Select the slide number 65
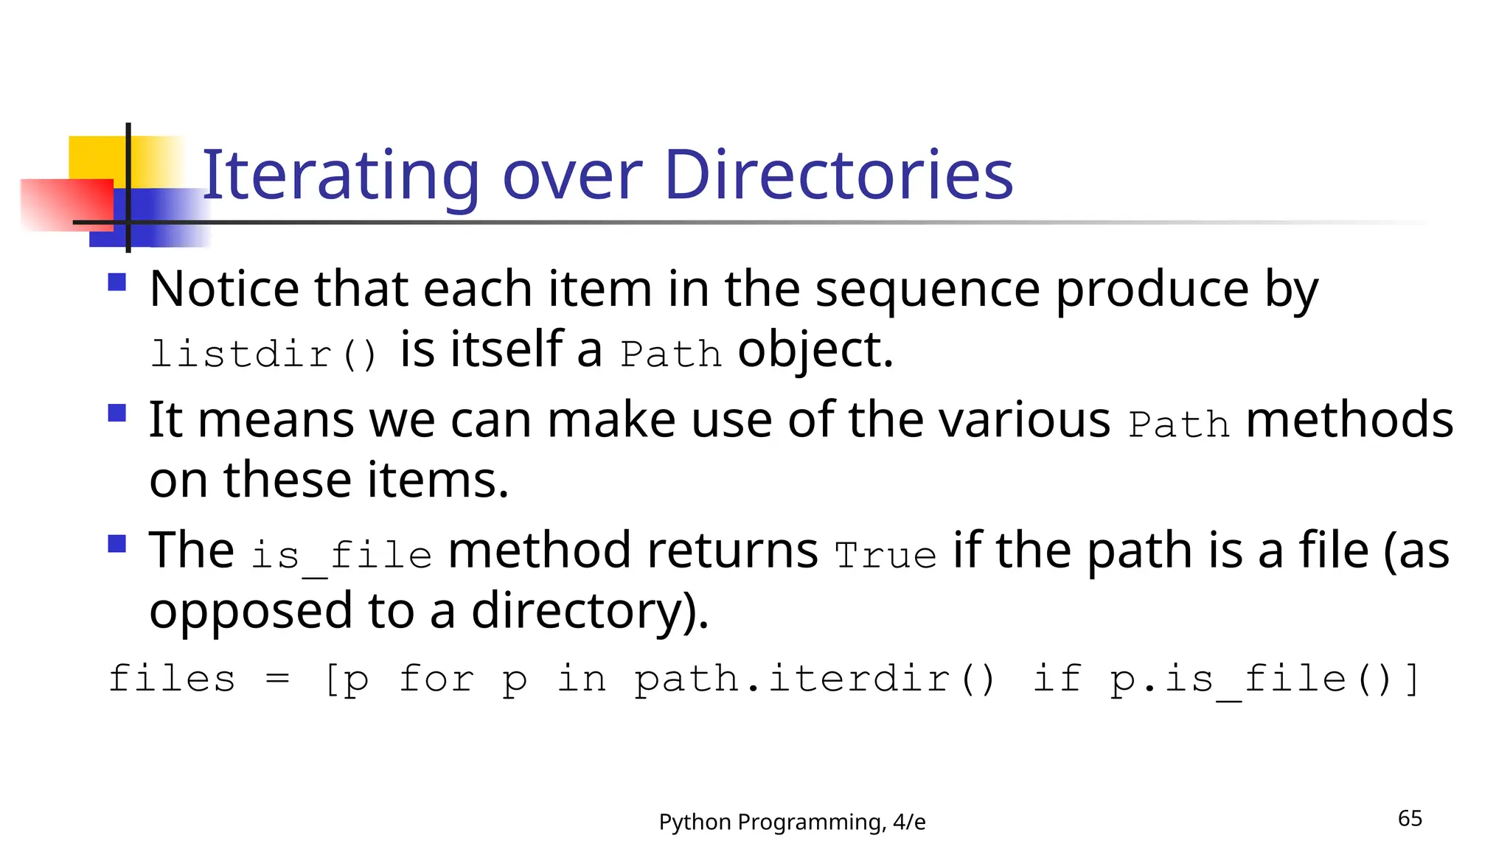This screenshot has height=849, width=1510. click(1410, 818)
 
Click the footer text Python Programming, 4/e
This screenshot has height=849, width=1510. click(792, 822)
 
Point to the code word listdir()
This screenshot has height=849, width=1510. click(264, 354)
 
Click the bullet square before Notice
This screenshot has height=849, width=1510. click(117, 282)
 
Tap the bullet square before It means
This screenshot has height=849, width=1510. click(117, 413)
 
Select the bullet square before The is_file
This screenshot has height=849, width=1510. click(117, 544)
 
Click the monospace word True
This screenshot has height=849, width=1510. click(886, 555)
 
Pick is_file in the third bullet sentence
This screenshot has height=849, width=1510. click(341, 555)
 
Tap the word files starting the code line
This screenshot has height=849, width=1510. click(172, 679)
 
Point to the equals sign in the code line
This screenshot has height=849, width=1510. click(277, 679)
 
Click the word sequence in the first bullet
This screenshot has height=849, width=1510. click(928, 289)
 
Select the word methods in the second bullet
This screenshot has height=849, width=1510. click(1349, 420)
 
